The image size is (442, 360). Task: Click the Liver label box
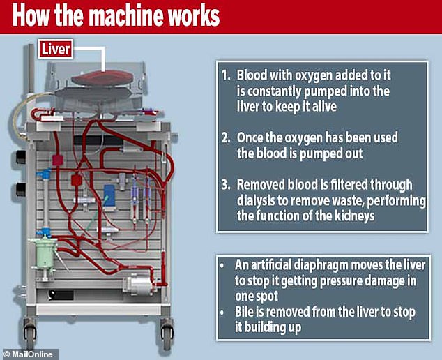(56, 49)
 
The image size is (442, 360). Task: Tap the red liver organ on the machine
(102, 78)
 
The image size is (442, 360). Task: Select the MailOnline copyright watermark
(29, 354)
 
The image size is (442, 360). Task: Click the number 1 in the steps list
(227, 75)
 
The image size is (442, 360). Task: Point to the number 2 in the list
(227, 138)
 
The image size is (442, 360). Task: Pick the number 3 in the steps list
(227, 185)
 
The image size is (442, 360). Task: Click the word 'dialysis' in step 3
(255, 201)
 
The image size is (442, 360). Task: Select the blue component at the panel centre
(109, 195)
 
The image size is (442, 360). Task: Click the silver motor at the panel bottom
(139, 285)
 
